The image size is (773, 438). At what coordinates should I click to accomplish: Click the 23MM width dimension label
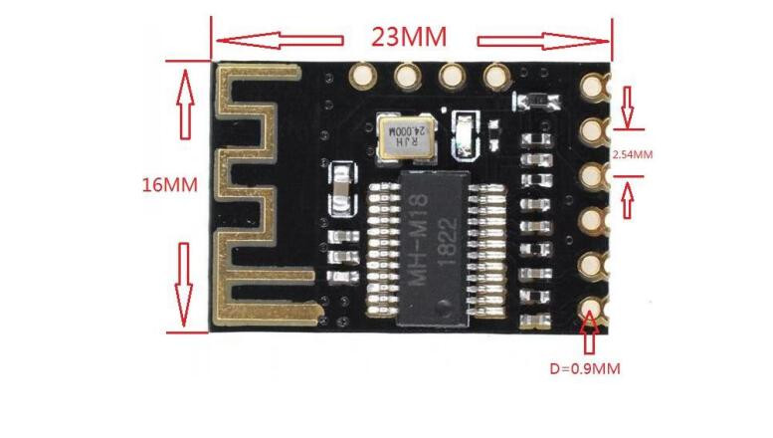[x=409, y=37]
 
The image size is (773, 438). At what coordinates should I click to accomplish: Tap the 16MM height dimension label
[x=169, y=185]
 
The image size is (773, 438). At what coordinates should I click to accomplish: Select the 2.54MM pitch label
[x=633, y=154]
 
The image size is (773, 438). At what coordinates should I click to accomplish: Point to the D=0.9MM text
[x=585, y=368]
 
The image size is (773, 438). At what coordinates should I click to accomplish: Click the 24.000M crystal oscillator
[x=406, y=135]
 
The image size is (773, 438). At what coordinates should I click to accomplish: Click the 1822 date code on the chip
[x=448, y=242]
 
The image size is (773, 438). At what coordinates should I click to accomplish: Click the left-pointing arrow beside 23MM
[x=280, y=41]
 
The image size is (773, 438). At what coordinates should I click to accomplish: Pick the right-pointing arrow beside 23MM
[x=543, y=41]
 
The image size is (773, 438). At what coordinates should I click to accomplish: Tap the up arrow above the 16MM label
[x=185, y=105]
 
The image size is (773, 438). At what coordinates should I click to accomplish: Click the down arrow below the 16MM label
[x=184, y=284]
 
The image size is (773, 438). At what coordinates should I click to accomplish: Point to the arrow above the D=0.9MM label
[x=589, y=332]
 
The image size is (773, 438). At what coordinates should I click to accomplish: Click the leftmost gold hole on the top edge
[x=363, y=76]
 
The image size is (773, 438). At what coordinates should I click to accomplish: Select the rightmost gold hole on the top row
[x=496, y=76]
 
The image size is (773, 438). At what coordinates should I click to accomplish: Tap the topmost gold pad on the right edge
[x=593, y=86]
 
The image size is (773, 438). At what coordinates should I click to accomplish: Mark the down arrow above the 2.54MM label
[x=627, y=108]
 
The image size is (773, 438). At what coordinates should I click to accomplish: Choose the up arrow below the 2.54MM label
[x=628, y=200]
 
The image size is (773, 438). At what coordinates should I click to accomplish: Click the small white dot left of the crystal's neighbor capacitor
[x=444, y=109]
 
